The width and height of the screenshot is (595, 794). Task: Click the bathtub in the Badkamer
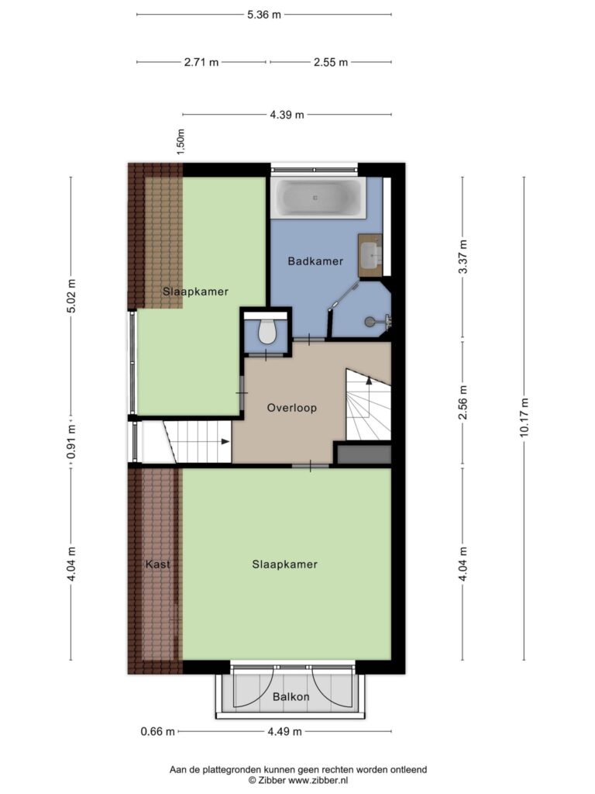[318, 198]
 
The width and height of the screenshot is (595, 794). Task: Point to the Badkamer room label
[315, 261]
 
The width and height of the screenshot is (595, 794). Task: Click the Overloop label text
[292, 408]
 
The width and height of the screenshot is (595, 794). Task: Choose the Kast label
[157, 564]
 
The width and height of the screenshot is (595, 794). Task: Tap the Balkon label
[291, 697]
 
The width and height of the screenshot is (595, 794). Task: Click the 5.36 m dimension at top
[263, 15]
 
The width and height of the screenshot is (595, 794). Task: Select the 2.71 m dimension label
[201, 62]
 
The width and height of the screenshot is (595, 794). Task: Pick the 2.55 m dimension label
[331, 62]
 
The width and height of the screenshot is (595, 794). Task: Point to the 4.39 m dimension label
[287, 115]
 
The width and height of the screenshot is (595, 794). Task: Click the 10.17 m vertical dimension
[524, 416]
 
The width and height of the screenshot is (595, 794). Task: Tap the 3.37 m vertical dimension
[463, 257]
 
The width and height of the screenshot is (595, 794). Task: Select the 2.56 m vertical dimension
[463, 402]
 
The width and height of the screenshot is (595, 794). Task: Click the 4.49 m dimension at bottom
[284, 732]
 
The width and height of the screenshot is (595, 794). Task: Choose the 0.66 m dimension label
[157, 732]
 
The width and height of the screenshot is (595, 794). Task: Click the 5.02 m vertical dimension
[71, 296]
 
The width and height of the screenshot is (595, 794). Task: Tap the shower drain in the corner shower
[370, 320]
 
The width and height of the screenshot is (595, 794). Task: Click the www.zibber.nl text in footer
[318, 780]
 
